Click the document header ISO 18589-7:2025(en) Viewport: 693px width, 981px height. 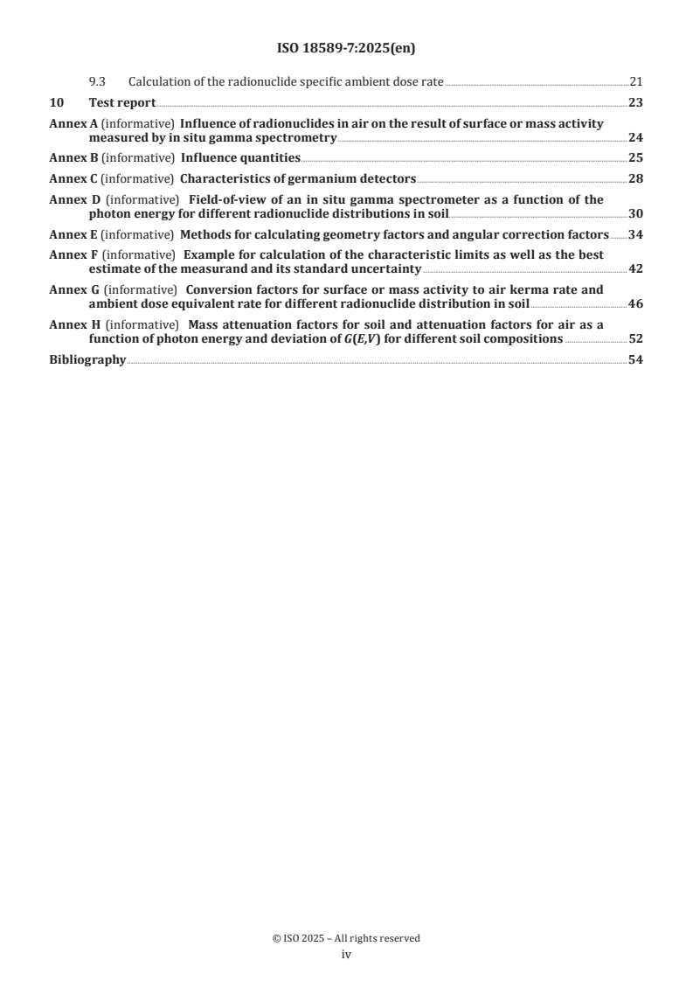coord(346,49)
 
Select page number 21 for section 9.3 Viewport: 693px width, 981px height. coord(636,82)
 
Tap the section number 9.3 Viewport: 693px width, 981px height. coord(97,82)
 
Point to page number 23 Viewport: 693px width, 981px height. coord(636,103)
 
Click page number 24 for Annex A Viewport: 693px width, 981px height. coord(636,137)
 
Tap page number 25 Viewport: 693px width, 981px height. coord(636,157)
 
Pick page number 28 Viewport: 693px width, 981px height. coord(636,178)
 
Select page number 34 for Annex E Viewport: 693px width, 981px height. coord(636,234)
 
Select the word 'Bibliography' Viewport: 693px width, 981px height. coord(87,358)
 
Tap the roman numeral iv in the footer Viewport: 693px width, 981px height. coord(346,955)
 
